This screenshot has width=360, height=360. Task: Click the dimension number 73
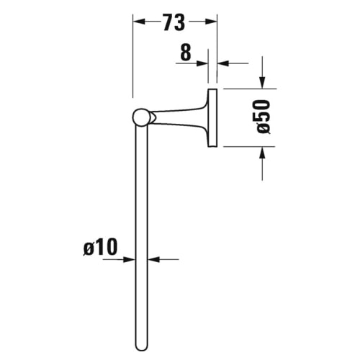(x=174, y=23)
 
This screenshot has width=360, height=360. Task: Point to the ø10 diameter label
(x=99, y=248)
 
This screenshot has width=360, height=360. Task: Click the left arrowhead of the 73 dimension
(x=138, y=23)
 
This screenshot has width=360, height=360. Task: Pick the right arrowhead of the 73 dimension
(x=213, y=23)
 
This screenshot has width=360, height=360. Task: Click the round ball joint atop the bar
(x=142, y=117)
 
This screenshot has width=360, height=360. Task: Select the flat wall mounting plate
(x=212, y=117)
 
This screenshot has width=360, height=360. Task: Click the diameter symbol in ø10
(x=88, y=248)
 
